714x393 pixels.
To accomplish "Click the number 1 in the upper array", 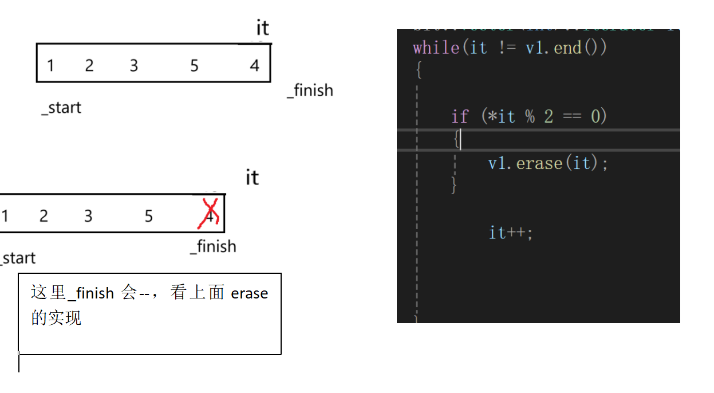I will pos(50,66).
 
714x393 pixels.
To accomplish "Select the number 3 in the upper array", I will pos(133,66).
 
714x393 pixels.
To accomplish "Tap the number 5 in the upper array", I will pos(194,66).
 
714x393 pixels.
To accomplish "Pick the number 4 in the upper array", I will pos(254,66).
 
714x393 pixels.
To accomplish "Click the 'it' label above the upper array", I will pos(262,27).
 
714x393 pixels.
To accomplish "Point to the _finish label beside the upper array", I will pos(310,91).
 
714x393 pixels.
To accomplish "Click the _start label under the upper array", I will pos(61,108).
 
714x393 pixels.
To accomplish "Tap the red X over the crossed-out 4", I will pos(209,213).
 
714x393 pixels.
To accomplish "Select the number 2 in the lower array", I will pos(44,216).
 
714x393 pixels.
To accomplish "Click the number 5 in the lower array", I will pos(149,216).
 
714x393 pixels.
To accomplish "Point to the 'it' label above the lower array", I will pos(252,178).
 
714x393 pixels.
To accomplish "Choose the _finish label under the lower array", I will pos(213,246).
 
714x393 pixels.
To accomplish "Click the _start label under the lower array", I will pos(18,258).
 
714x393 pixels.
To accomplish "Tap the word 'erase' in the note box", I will pos(249,293).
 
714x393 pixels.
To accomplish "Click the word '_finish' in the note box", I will pos(90,293).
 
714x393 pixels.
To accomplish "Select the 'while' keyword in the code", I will pos(436,47).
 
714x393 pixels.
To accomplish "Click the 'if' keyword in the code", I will pos(459,116).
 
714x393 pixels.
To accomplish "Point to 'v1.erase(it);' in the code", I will pos(548,163).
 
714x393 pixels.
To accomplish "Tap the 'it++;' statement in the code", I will pos(510,232).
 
